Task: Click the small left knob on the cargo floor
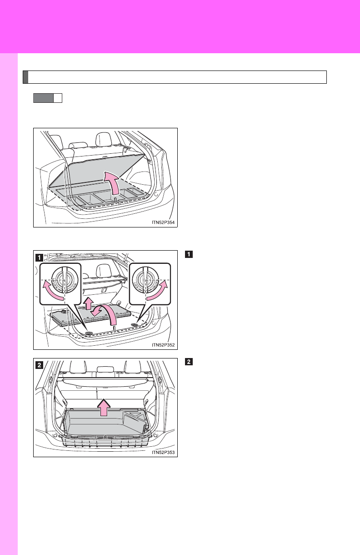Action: (88, 333)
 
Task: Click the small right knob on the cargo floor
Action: (135, 325)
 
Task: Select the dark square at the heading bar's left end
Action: (26, 77)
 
